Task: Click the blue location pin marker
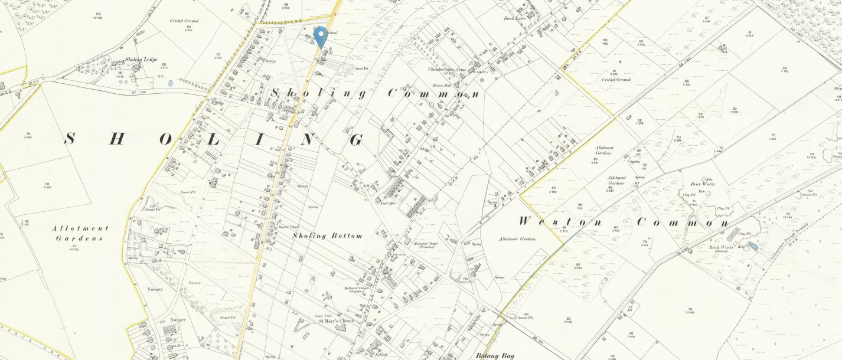coord(321,37)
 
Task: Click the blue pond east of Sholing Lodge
coord(170,84)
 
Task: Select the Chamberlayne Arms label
coord(448,69)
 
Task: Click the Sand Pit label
coord(362,68)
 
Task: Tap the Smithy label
coord(272,61)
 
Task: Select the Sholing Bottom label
coord(327,235)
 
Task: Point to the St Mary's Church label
coord(336,321)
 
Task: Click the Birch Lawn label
coord(514,19)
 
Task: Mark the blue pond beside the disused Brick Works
coord(751,245)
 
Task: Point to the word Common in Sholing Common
coord(433,94)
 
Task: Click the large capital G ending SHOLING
coord(356,140)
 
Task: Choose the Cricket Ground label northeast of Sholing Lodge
coord(184,21)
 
